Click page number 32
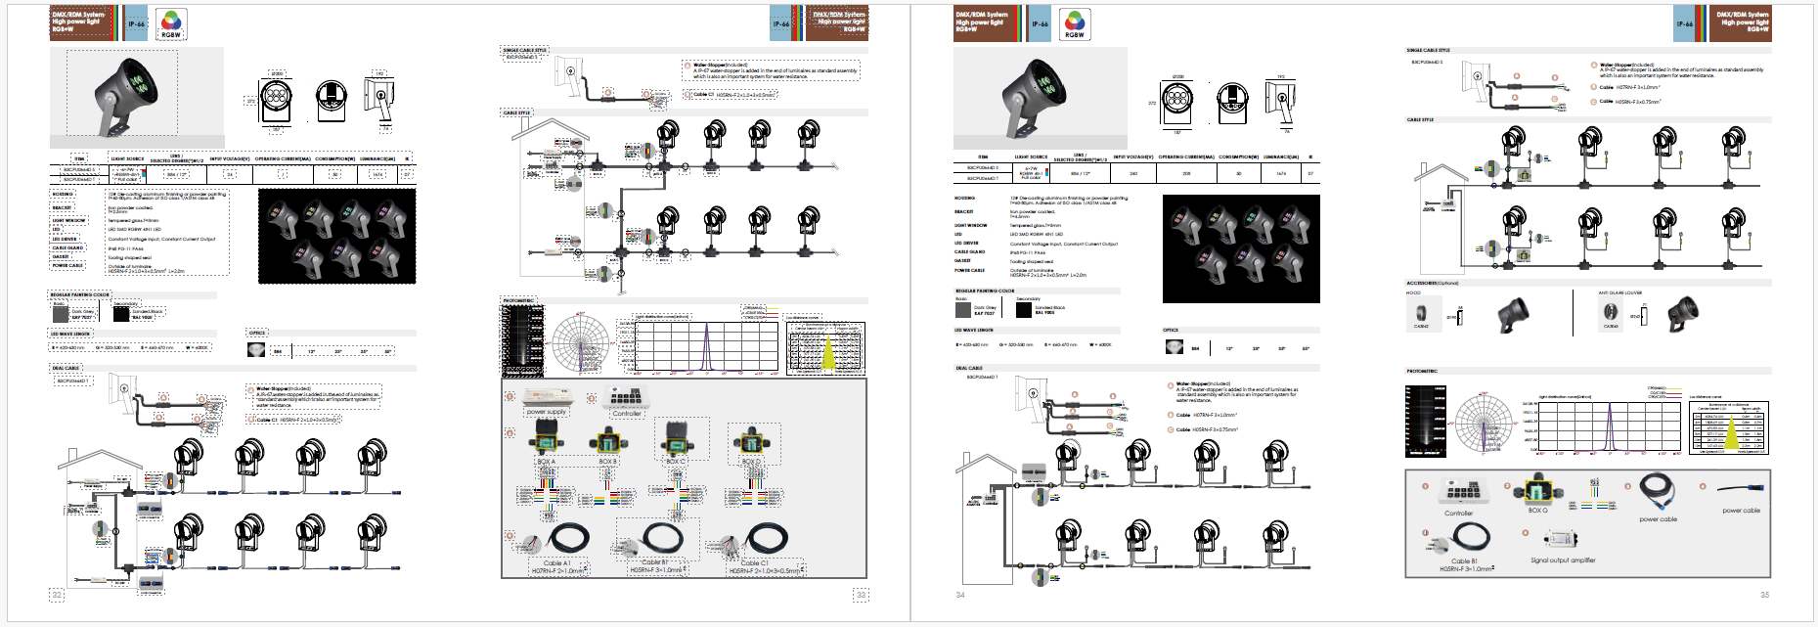57,595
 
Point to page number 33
861,595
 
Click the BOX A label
546,461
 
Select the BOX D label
750,461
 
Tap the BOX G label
1537,510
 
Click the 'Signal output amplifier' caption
1563,560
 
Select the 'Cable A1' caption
556,563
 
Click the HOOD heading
1413,292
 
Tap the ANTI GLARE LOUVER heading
1620,292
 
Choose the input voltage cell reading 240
1133,173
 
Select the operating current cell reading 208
1186,173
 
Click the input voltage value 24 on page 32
230,174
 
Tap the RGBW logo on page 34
1074,24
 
